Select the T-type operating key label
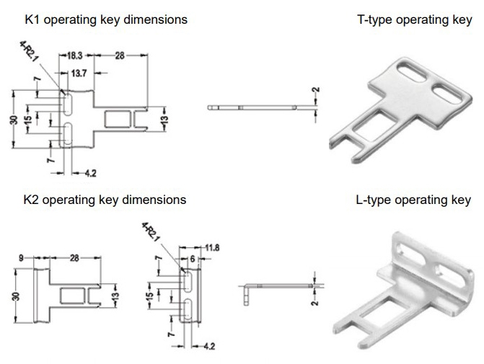pos(413,19)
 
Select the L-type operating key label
pos(414,199)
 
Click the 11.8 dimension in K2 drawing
pos(212,249)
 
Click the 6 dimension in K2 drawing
pos(193,258)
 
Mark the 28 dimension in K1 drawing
pos(119,55)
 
